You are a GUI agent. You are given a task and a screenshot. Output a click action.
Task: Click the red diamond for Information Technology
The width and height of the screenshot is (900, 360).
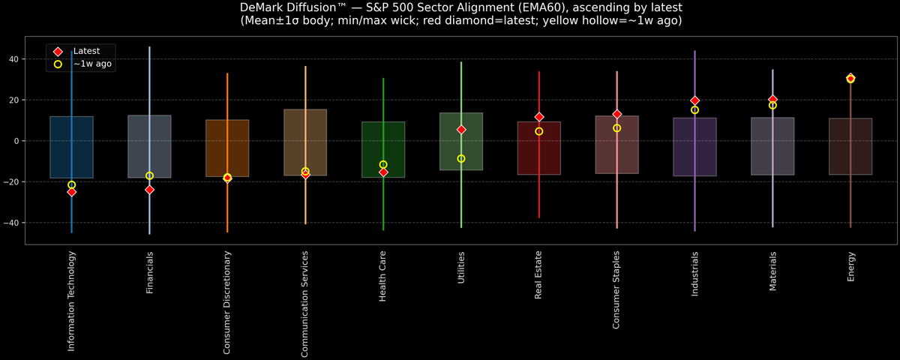coord(72,192)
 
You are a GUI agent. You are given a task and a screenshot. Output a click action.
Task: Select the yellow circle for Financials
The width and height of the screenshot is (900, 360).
coord(149,175)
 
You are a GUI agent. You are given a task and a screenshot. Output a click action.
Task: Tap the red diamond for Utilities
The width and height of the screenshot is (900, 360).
coord(461,130)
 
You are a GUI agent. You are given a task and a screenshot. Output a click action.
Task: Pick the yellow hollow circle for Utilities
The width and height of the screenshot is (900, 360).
coord(461,158)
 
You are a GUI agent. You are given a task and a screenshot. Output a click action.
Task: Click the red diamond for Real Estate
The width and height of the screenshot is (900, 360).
coord(539,117)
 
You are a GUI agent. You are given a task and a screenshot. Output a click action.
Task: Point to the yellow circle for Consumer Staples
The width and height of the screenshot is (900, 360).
coord(616,128)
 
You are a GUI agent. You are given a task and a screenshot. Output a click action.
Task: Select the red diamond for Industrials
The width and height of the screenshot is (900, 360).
coord(694,100)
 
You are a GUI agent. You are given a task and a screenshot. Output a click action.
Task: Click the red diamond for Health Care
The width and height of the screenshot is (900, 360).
coord(383,172)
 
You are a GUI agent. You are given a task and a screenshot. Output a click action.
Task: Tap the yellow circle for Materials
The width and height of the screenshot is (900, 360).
coord(772,106)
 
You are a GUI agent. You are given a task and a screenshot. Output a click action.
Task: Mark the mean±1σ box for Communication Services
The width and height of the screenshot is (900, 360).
coord(305,142)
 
